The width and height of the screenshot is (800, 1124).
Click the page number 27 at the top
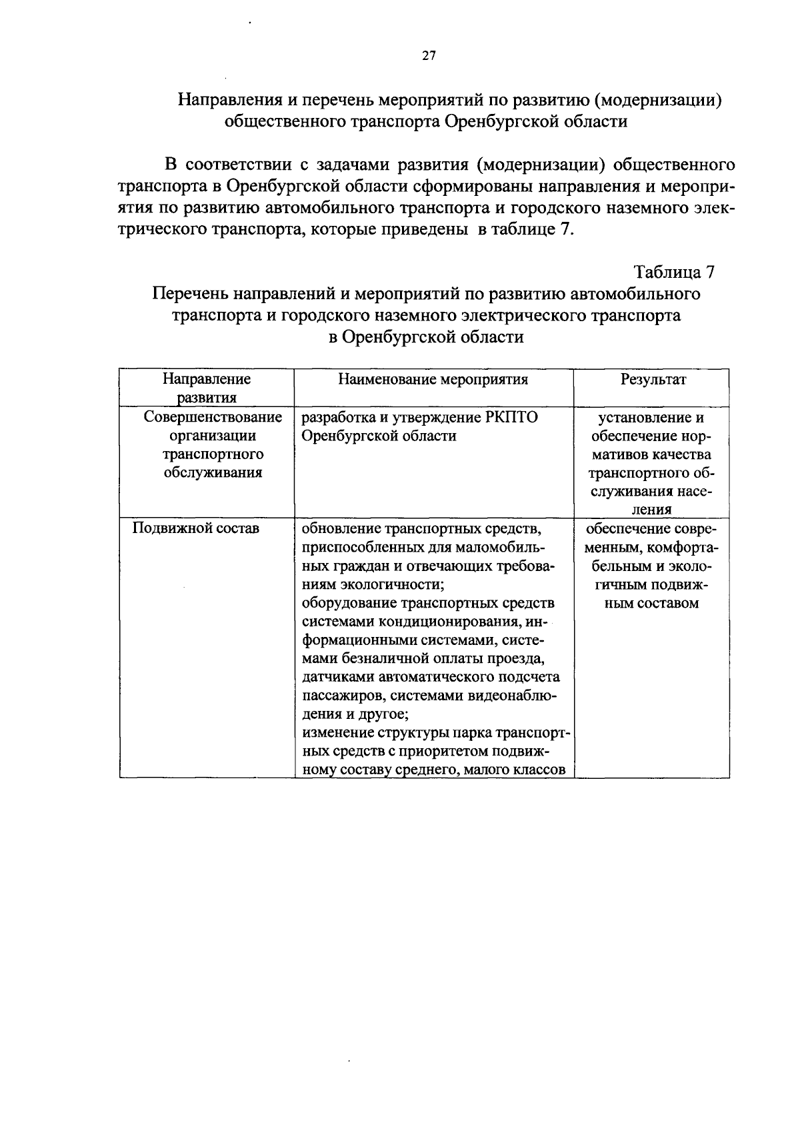(429, 56)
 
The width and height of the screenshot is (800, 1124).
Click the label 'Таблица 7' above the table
(674, 273)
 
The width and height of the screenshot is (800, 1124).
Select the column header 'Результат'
(653, 380)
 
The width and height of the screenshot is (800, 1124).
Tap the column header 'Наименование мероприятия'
(433, 380)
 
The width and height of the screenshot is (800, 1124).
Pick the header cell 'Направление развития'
(207, 388)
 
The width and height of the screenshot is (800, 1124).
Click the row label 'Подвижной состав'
(196, 528)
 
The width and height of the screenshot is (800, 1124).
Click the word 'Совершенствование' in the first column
(213, 418)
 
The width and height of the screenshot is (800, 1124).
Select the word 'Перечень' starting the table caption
(188, 294)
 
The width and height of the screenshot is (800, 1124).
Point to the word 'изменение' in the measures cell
(338, 734)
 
